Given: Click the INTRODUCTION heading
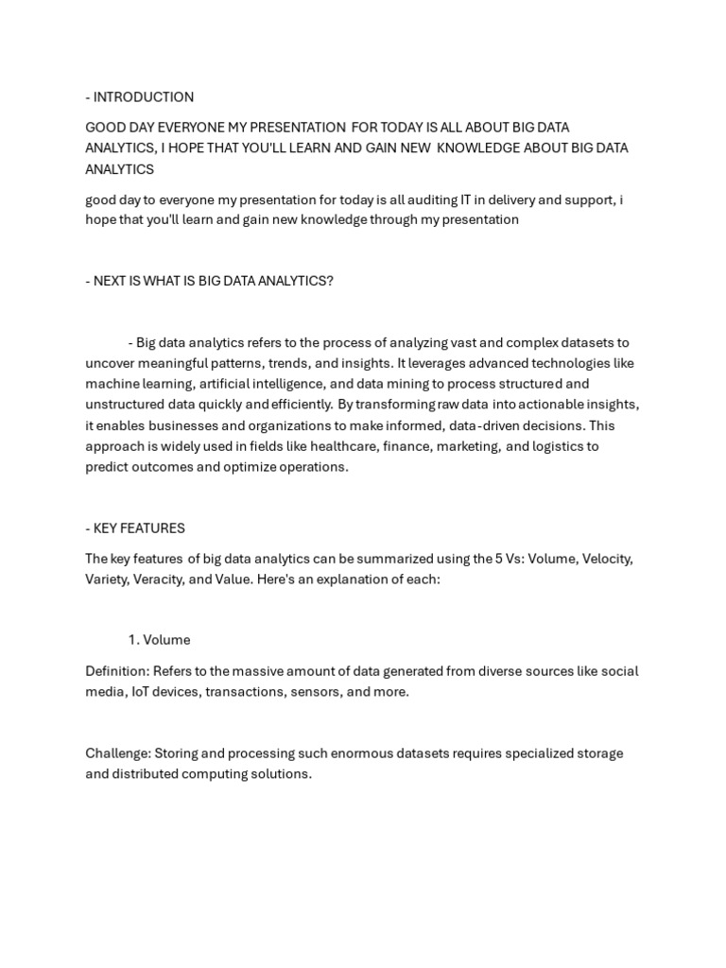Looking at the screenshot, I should [143, 97].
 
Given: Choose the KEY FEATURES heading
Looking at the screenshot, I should [139, 528].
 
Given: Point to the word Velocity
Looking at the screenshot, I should [606, 559].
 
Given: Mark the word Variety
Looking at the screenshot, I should [106, 579].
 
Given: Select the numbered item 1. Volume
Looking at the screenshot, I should [159, 640].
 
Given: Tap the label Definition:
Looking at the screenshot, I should [116, 671].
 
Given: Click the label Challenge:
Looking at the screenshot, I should [117, 753].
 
